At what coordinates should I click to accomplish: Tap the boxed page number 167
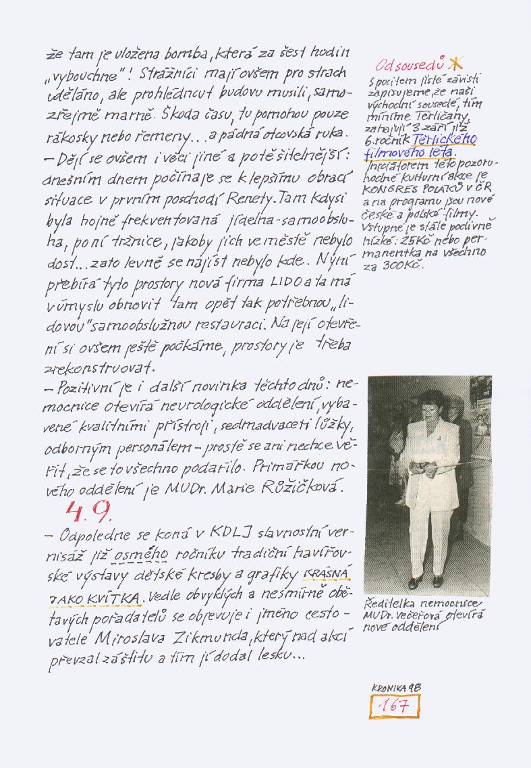(395, 707)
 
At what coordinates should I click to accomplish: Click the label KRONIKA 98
(396, 688)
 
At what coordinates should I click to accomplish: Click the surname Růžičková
(307, 486)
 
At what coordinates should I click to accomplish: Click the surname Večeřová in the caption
(420, 615)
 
